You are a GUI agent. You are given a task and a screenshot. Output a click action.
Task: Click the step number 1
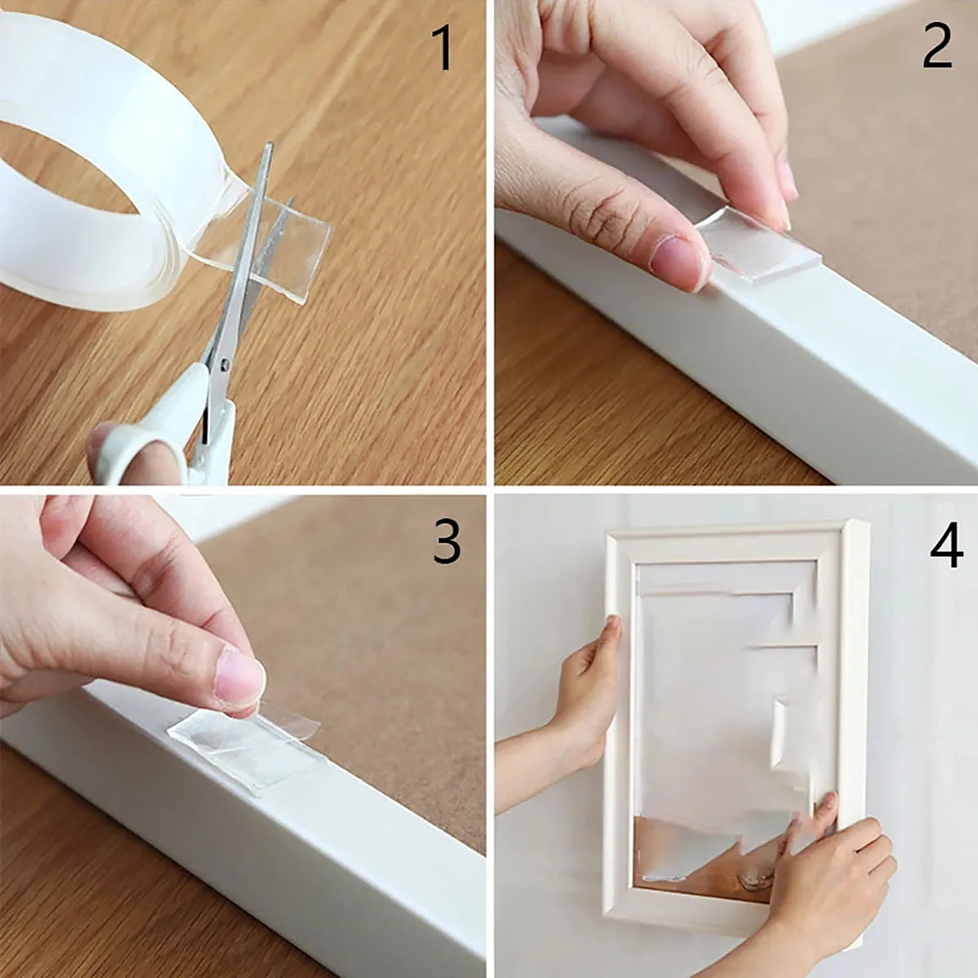[443, 48]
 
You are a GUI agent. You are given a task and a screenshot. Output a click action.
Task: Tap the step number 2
[937, 46]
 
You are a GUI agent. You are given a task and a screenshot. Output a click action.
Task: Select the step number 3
[446, 541]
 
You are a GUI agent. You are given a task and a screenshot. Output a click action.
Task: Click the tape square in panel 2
[759, 244]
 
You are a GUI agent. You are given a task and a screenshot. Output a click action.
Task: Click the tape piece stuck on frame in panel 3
[244, 746]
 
